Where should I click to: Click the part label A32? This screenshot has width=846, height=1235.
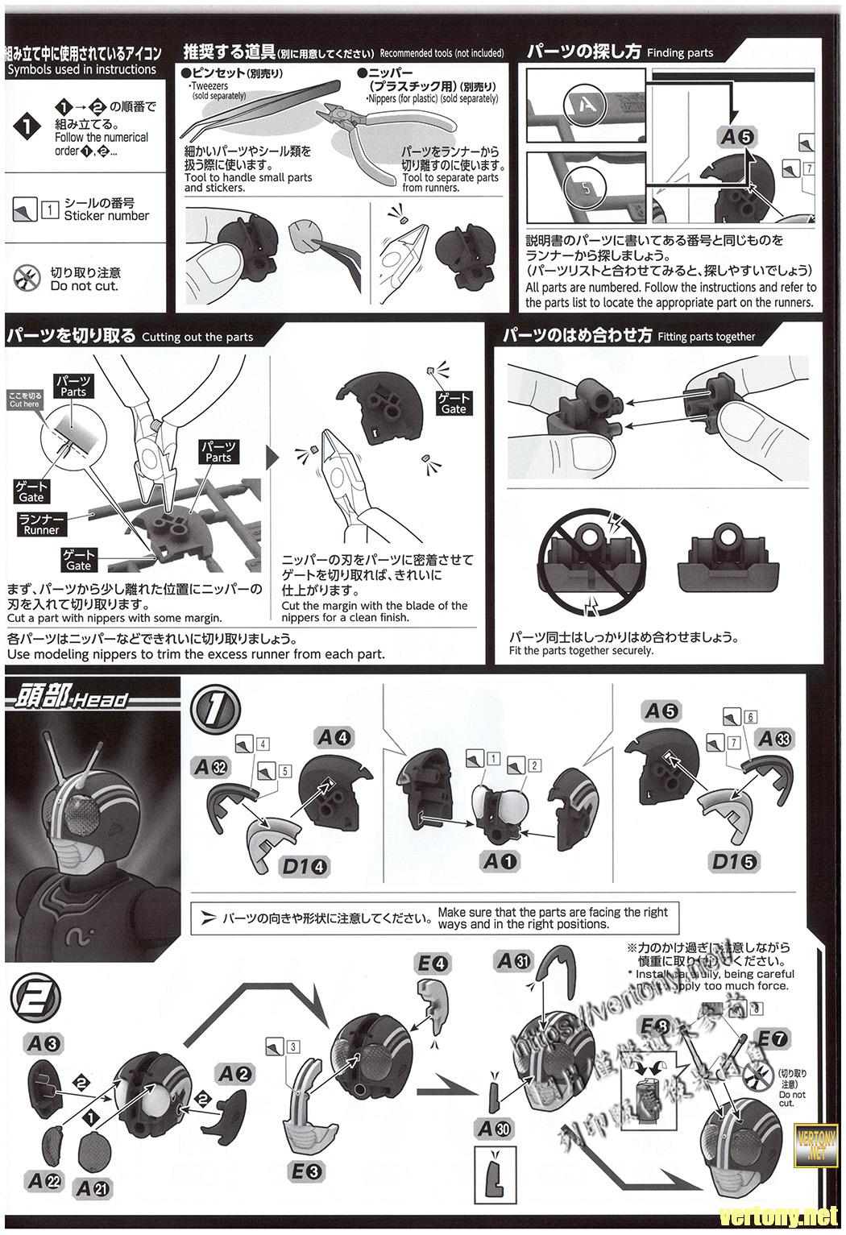[x=212, y=766]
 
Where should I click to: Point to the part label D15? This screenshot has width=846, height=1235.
[x=734, y=861]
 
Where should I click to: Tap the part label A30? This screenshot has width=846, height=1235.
[x=494, y=1129]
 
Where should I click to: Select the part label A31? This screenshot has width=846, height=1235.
[x=514, y=960]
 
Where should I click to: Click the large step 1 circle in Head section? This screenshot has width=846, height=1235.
[x=215, y=710]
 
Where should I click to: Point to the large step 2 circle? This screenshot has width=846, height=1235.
[x=29, y=997]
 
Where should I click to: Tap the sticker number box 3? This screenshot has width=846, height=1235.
[x=292, y=1046]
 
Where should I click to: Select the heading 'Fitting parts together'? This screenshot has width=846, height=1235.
[x=706, y=337]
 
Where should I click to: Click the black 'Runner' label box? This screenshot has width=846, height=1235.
[x=41, y=524]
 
